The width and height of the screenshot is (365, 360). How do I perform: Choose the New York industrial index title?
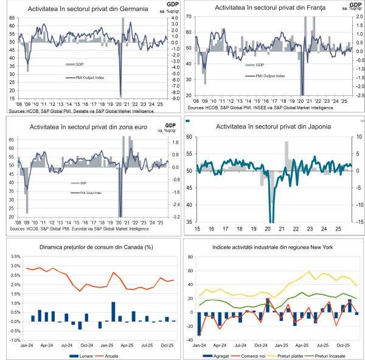point(273,247)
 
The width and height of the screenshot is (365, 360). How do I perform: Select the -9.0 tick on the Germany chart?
point(172,98)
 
